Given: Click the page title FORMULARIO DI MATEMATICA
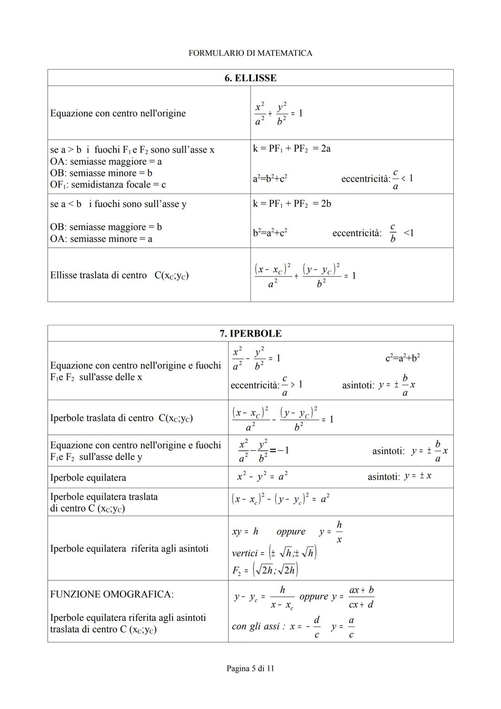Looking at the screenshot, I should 250,53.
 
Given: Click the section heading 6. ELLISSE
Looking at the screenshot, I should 250,78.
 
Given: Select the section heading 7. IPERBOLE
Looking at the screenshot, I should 250,334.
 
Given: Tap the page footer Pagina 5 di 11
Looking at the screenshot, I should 250,669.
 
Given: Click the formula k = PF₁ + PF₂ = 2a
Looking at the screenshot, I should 292,149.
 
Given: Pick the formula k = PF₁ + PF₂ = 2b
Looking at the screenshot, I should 292,204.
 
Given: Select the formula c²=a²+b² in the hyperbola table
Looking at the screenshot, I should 403,358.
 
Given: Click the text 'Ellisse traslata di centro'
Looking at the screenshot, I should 98,275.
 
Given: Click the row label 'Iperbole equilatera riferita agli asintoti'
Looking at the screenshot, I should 129,548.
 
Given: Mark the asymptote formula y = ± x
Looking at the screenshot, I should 417,476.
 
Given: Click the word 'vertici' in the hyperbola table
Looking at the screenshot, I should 244,553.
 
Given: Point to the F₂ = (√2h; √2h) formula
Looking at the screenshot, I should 265,570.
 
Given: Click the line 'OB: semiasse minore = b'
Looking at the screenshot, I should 101,173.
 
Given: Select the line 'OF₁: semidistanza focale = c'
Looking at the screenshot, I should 108,185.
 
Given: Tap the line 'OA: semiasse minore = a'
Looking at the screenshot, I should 101,239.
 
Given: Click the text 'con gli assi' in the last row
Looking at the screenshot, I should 258,626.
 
